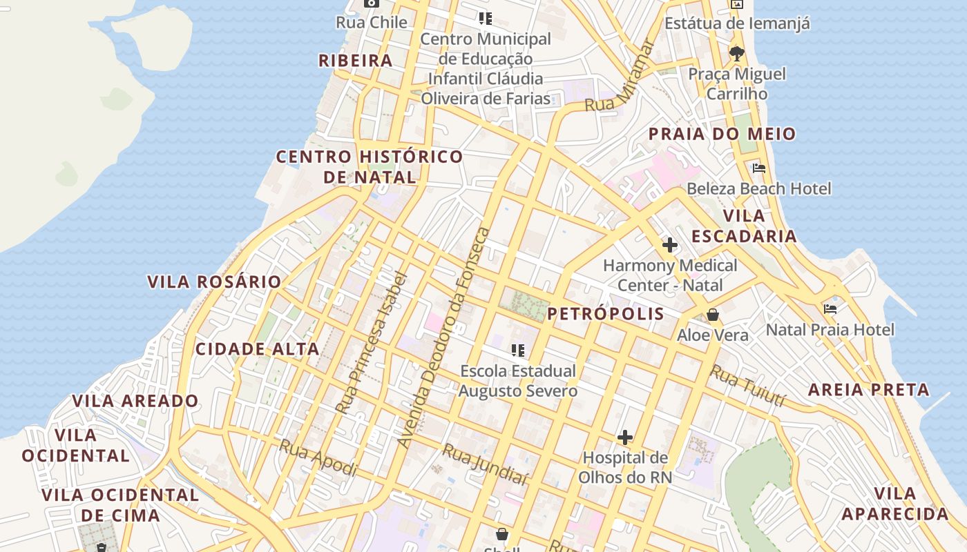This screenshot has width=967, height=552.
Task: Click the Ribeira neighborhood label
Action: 355,61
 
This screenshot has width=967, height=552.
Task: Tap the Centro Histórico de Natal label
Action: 370,167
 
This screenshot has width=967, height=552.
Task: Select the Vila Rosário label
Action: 214,282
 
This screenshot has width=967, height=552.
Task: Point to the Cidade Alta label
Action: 258,349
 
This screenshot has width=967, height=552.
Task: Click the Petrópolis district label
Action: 606,315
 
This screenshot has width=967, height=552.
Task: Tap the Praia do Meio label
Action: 722,134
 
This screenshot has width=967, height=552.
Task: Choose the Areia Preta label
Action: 869,390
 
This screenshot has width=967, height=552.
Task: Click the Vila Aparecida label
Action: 895,504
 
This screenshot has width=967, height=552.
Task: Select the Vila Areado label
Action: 135,401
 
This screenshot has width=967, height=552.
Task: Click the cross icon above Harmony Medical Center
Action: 669,245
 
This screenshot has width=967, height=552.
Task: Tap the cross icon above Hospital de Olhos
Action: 625,437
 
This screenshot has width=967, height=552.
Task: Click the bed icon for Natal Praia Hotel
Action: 830,309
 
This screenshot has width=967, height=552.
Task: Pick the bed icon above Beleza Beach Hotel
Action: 759,168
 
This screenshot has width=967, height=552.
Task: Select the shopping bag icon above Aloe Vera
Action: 713,315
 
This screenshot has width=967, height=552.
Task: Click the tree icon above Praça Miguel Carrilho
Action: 737,53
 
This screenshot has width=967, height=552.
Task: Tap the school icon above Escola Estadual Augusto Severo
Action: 518,351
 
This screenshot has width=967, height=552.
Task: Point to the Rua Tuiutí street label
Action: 749,386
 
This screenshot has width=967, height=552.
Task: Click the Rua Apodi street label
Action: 318,458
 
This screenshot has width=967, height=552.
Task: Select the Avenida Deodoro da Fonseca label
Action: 444,338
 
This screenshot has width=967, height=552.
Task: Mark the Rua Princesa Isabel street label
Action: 371,344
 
